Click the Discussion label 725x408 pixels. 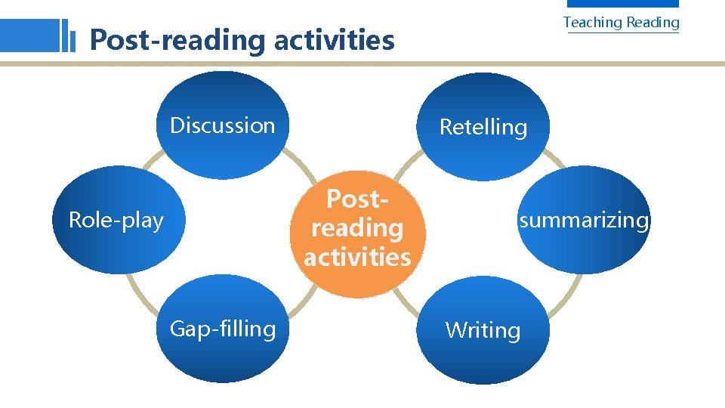(222, 125)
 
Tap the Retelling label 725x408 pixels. (483, 127)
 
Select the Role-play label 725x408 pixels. (116, 221)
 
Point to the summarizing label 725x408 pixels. (583, 221)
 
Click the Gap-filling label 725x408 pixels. (223, 329)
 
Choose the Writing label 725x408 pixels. (483, 330)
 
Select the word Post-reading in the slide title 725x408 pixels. (178, 39)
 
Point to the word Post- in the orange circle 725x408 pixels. (357, 199)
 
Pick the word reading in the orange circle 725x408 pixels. (357, 228)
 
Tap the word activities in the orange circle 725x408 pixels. (357, 257)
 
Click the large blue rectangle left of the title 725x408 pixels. (29, 35)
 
